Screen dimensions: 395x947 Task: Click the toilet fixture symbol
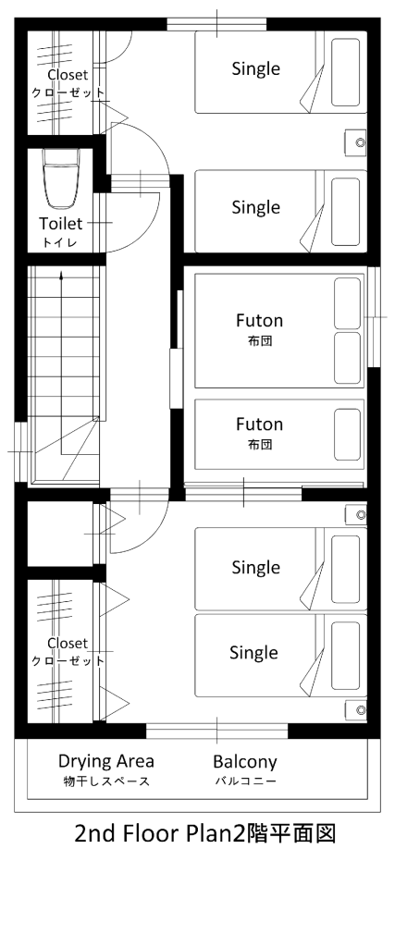point(62,178)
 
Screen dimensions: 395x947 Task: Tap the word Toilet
point(60,224)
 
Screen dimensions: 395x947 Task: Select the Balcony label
point(244,762)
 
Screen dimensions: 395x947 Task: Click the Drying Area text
point(106,761)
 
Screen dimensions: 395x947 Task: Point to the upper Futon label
point(259,319)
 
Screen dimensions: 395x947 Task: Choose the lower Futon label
point(259,424)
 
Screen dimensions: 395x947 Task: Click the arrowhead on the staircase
point(61,276)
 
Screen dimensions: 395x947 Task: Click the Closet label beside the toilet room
point(68,75)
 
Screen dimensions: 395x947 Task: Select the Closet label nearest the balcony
point(68,644)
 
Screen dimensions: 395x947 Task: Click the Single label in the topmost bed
point(256,68)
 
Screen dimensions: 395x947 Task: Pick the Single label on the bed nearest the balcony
point(253,653)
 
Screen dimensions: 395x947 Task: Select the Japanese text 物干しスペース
point(106,781)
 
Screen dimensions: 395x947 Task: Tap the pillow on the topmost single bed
point(345,72)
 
